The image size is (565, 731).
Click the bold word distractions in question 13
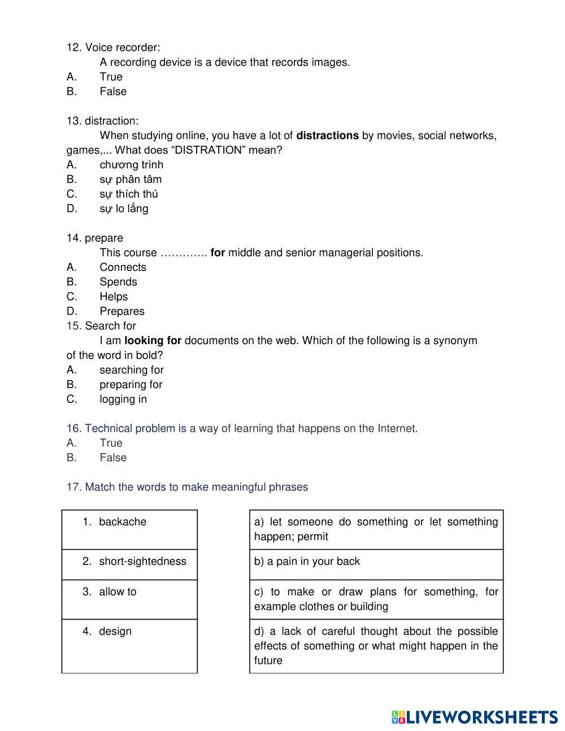click(x=327, y=136)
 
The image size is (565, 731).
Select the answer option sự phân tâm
click(x=131, y=180)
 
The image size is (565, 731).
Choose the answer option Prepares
click(x=122, y=311)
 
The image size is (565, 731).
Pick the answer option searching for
click(x=132, y=370)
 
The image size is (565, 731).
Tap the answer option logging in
click(x=123, y=399)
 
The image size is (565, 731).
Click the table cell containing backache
click(x=129, y=529)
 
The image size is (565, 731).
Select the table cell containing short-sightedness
click(x=129, y=564)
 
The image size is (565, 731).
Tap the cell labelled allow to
click(x=129, y=599)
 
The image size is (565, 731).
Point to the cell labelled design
click(x=129, y=646)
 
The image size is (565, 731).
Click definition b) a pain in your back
click(x=376, y=564)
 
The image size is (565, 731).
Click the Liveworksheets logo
click(x=474, y=717)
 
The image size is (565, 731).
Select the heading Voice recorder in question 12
click(x=122, y=47)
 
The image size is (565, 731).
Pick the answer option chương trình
click(x=131, y=165)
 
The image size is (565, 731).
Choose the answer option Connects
click(x=123, y=268)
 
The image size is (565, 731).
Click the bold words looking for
click(x=153, y=341)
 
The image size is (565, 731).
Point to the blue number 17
click(x=74, y=487)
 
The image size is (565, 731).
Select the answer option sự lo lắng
click(x=124, y=209)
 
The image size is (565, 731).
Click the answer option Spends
click(x=118, y=282)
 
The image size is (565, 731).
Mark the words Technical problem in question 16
click(x=130, y=429)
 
